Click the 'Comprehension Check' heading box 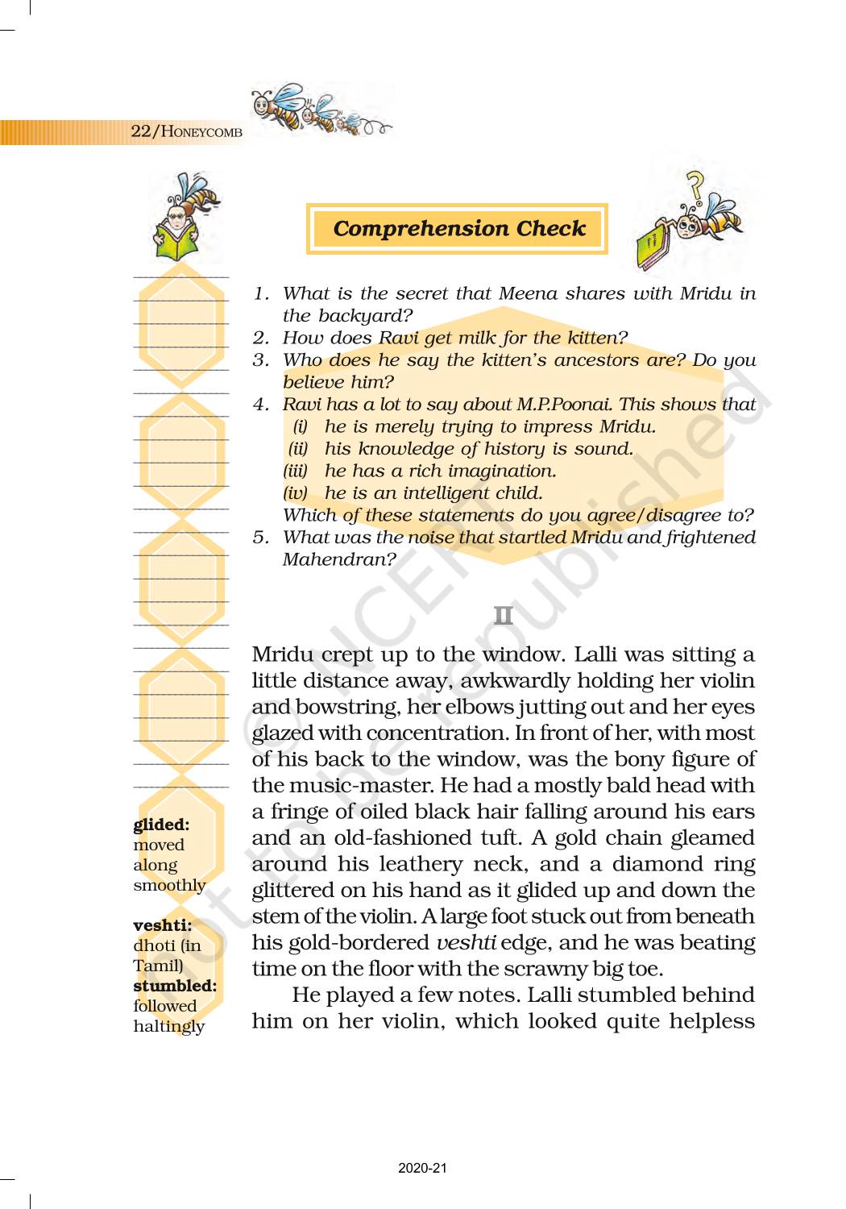(x=458, y=229)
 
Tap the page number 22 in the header (x=140, y=131)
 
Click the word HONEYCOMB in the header (x=201, y=131)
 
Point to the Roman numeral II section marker (x=503, y=617)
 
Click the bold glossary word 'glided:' (x=161, y=825)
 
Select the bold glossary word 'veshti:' (x=162, y=925)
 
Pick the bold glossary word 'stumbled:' (x=175, y=986)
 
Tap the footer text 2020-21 (x=422, y=1168)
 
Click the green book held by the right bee (x=654, y=245)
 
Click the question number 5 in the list (x=259, y=538)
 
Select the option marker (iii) (x=295, y=471)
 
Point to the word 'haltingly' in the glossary (x=169, y=1026)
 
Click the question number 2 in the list (x=259, y=338)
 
